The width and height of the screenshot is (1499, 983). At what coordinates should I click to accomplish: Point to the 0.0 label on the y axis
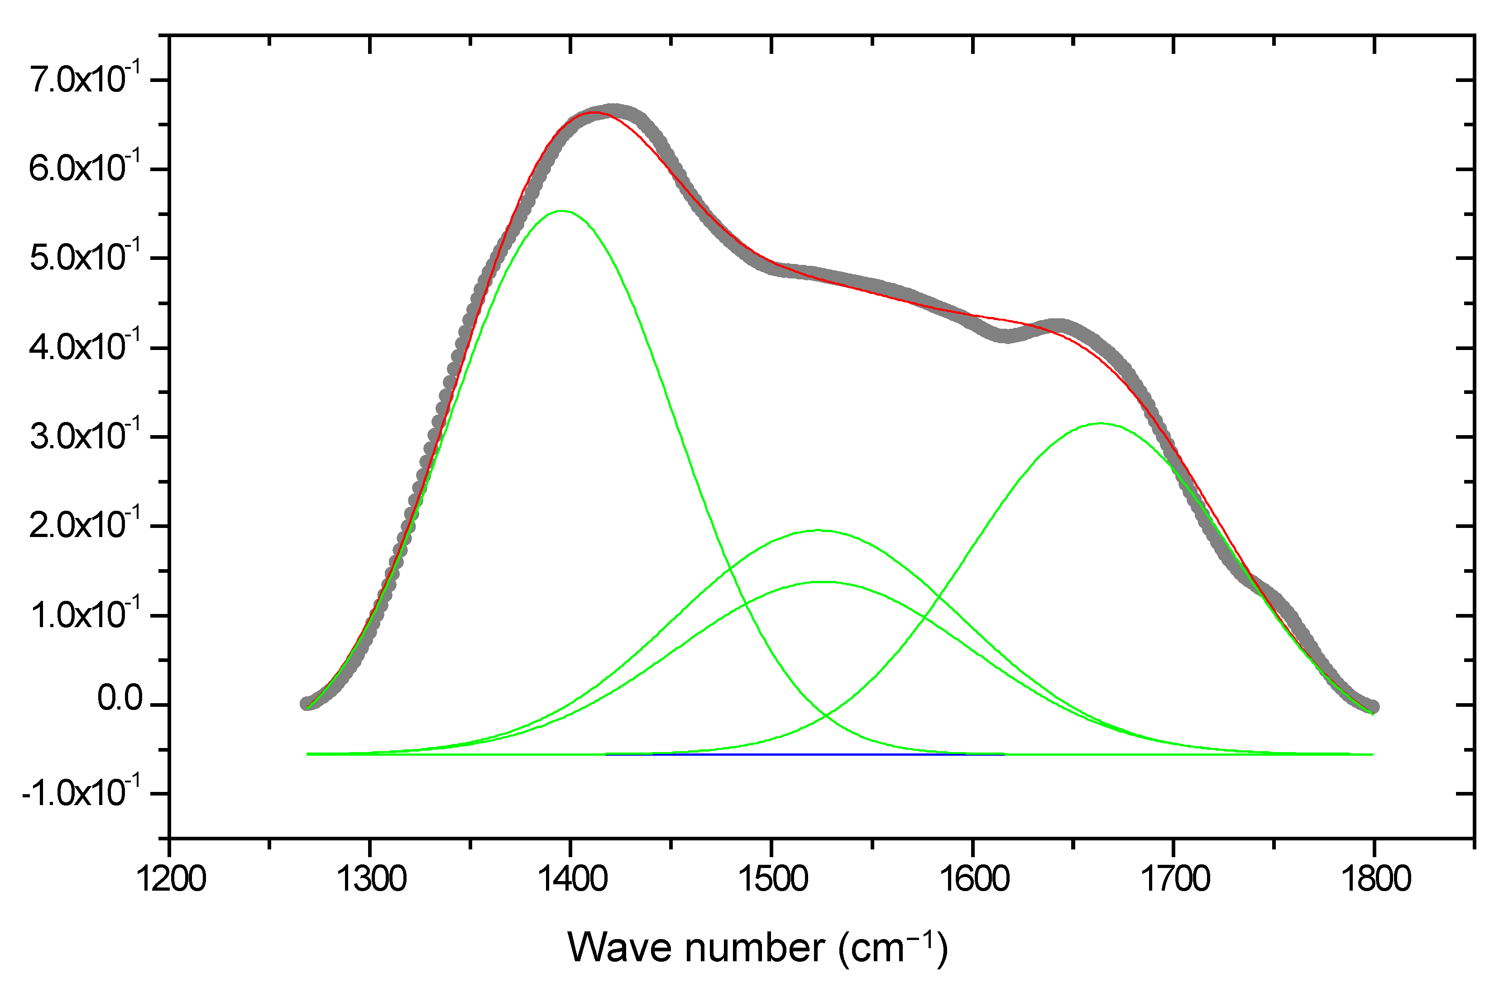pos(120,699)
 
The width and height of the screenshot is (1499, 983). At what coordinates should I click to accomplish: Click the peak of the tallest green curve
pos(562,211)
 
